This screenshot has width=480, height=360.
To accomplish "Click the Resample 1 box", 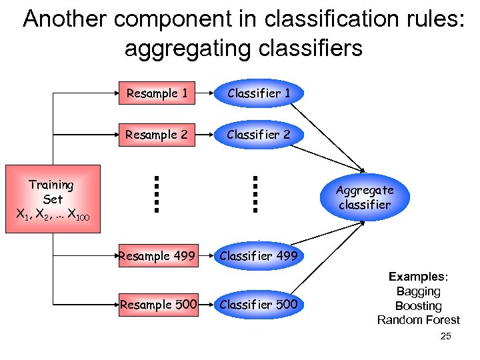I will [x=157, y=94].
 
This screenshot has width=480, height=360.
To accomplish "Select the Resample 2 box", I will [x=157, y=135].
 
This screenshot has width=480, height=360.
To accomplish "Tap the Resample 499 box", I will [x=157, y=256].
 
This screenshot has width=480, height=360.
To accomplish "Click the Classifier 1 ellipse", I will [x=259, y=94].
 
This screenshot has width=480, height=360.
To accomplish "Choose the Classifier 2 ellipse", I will [x=259, y=135].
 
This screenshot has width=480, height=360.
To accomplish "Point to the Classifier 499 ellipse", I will [x=259, y=256].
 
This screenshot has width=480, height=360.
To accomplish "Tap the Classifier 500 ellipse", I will [x=259, y=305].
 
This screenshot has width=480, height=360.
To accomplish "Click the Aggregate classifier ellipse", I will [x=365, y=197].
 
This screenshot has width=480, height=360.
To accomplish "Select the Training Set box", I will [x=53, y=199].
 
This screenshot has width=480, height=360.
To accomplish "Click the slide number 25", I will [x=446, y=337].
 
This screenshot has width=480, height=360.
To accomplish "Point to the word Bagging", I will [x=418, y=291].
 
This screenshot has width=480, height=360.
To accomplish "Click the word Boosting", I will [x=418, y=306].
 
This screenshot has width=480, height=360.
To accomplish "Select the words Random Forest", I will [x=418, y=320].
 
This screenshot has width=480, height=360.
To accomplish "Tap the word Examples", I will [x=417, y=277].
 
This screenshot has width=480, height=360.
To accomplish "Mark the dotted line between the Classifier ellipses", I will [x=255, y=193].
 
